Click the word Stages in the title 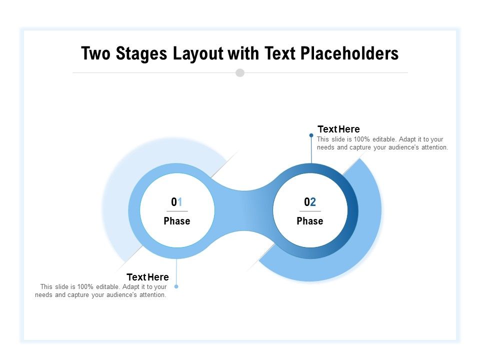tap(142, 53)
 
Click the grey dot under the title tap(240, 72)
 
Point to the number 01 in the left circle tap(177, 202)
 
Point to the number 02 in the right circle tap(310, 202)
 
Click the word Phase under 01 tap(177, 221)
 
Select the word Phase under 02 tap(310, 221)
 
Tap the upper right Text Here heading tap(338, 129)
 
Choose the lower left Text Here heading tap(147, 277)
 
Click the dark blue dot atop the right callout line tap(311, 135)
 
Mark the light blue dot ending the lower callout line tap(176, 286)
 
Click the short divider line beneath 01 tap(177, 211)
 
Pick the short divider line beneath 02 tap(310, 211)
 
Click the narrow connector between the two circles tap(243, 210)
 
